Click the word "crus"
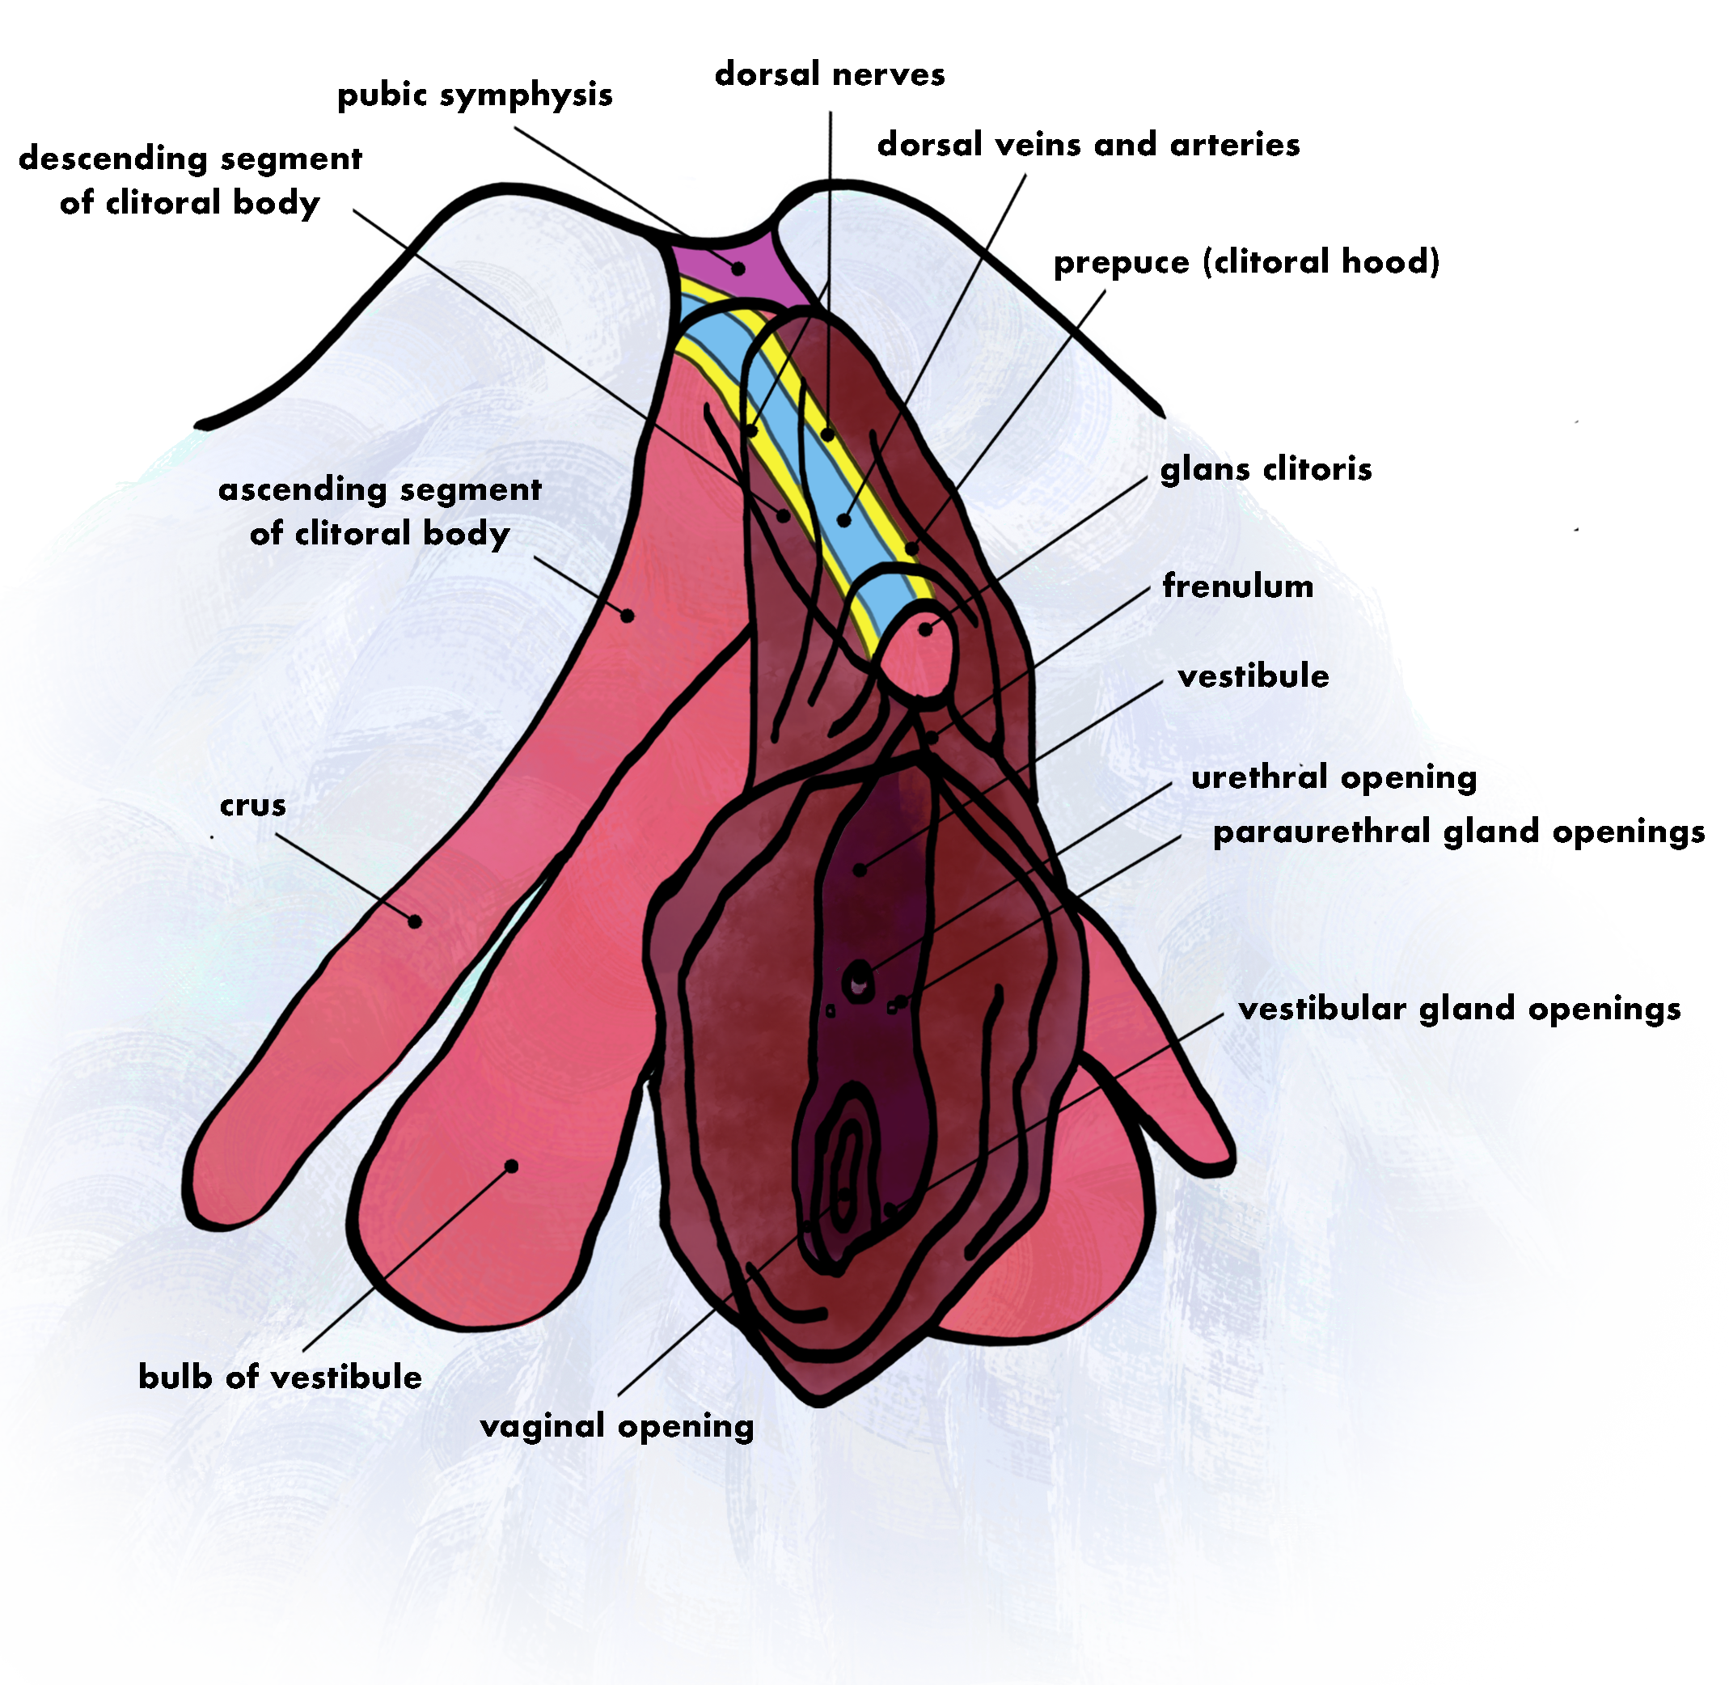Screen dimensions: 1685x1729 pos(253,806)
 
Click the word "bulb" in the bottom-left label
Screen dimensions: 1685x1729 pos(175,1377)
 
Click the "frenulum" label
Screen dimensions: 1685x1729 pos(1237,586)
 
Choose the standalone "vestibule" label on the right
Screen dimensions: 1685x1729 pos(1253,677)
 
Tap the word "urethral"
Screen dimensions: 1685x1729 pos(1259,778)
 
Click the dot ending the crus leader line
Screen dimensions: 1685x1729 pos(414,922)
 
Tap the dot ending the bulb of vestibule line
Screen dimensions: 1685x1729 pos(510,1166)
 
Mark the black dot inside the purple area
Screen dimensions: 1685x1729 pos(738,267)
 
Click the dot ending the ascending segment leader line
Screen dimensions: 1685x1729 pos(628,615)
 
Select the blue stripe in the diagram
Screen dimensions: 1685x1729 pos(801,442)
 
